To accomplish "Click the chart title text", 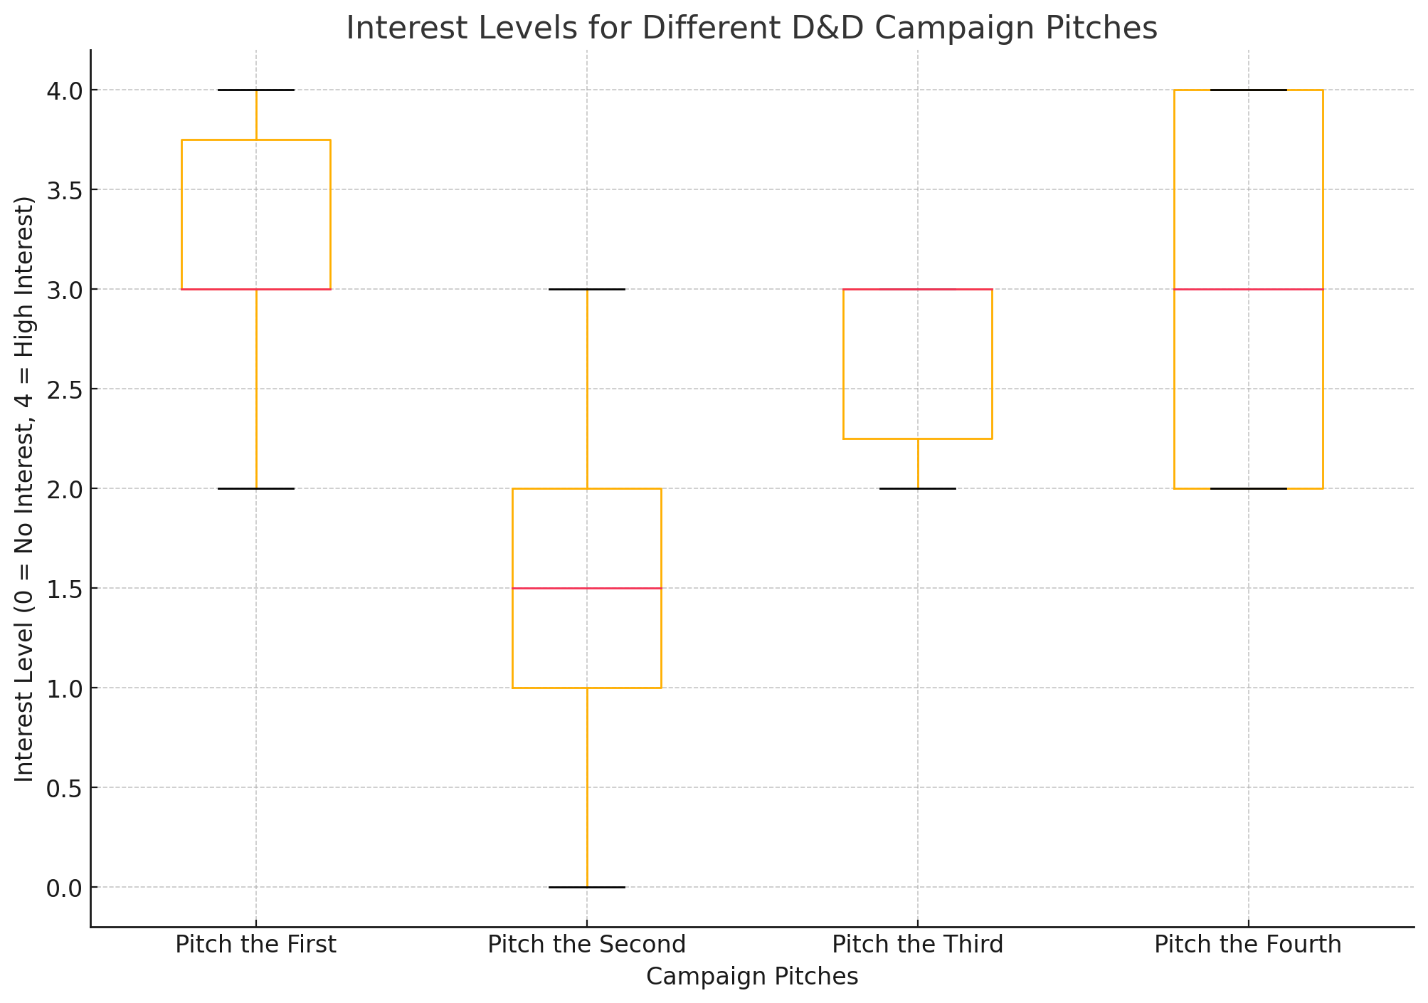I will [x=751, y=28].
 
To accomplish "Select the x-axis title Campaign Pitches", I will [x=751, y=977].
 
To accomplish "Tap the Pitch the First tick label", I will [x=255, y=945].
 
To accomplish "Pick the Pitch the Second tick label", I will [x=586, y=945].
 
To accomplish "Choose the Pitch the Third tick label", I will [x=917, y=945].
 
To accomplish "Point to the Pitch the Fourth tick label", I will [x=1247, y=945].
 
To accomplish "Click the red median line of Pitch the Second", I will [x=586, y=588].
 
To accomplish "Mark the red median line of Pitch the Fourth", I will [x=1248, y=289].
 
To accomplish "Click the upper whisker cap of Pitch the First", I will [x=255, y=90].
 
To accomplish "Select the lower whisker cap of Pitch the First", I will [x=255, y=488].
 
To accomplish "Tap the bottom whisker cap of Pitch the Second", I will [x=586, y=887].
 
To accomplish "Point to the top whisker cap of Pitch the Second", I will [x=586, y=289].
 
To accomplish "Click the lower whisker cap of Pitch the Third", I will [x=917, y=488].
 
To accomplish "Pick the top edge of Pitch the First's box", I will [x=255, y=140].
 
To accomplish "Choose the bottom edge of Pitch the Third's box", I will [x=917, y=439].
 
